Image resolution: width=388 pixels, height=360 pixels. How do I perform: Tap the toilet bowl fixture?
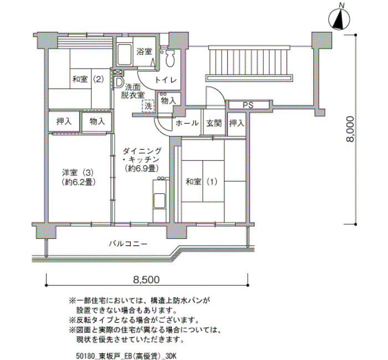pyautogui.click(x=170, y=58)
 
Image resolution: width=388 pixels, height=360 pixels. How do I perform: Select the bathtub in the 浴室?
pyautogui.click(x=124, y=55)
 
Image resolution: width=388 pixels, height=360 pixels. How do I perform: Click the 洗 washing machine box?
pyautogui.click(x=148, y=106)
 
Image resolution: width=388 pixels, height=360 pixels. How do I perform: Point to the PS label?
pyautogui.click(x=248, y=105)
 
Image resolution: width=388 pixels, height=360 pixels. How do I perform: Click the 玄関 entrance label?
pyautogui.click(x=214, y=123)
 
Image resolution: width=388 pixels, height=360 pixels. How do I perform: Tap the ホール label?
pyautogui.click(x=187, y=123)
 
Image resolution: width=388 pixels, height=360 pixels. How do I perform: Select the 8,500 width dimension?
pyautogui.click(x=146, y=280)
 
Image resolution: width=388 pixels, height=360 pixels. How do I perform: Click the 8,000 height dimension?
pyautogui.click(x=350, y=129)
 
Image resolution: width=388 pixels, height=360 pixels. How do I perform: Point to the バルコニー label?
pyautogui.click(x=128, y=244)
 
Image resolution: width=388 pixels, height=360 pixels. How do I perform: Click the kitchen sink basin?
pyautogui.click(x=160, y=200)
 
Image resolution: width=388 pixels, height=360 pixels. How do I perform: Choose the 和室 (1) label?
pyautogui.click(x=202, y=182)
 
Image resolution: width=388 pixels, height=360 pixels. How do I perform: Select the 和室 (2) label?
pyautogui.click(x=88, y=79)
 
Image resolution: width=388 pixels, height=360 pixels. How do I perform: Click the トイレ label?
pyautogui.click(x=166, y=80)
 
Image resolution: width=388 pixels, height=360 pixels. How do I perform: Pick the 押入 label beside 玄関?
pyautogui.click(x=237, y=123)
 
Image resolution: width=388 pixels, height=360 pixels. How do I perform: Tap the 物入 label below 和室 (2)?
pyautogui.click(x=97, y=121)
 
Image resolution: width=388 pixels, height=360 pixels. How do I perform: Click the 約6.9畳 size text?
pyautogui.click(x=141, y=168)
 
